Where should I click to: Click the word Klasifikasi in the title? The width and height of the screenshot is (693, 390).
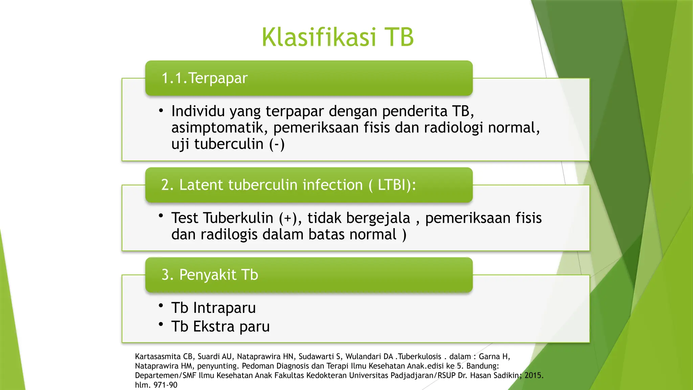coord(318,37)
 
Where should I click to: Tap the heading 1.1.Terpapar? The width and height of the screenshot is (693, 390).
coord(204,78)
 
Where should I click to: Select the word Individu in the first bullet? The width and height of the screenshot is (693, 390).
coord(198,111)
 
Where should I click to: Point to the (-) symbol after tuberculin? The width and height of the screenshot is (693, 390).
coord(277,144)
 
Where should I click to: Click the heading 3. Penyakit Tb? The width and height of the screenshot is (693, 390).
coord(210,275)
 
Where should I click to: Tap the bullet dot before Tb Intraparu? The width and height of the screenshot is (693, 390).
coord(161,306)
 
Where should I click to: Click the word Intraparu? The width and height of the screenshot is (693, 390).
coord(224,308)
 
